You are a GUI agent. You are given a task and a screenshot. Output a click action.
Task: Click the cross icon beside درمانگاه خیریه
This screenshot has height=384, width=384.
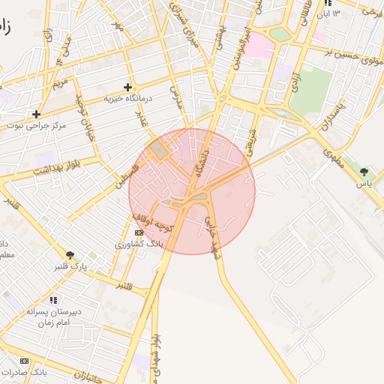pyautogui.click(x=127, y=87)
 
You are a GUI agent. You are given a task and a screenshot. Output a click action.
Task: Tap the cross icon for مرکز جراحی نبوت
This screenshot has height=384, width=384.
pyautogui.click(x=35, y=114)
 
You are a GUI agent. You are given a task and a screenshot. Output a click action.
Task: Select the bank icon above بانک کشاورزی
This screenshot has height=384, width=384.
pyautogui.click(x=137, y=232)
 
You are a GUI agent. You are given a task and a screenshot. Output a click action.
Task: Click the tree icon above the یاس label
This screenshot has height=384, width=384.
pyautogui.click(x=364, y=172)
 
